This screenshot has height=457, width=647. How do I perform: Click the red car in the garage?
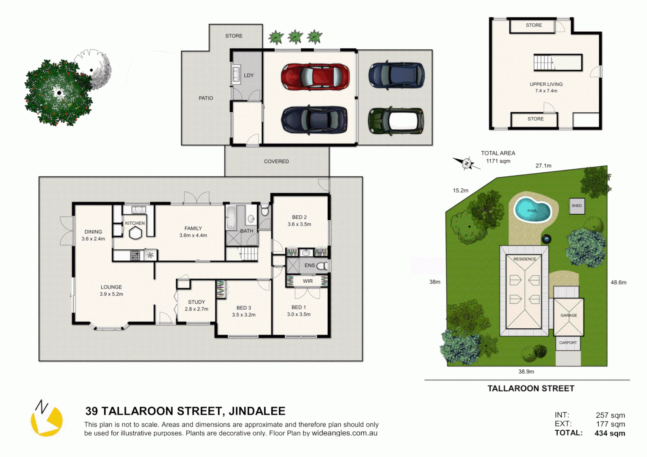315,77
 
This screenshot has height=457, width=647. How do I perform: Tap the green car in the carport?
396,121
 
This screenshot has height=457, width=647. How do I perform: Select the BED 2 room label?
299,217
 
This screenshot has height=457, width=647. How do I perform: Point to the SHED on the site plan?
577,206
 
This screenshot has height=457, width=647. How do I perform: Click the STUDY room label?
196,302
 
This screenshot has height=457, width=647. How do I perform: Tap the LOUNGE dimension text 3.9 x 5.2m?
111,294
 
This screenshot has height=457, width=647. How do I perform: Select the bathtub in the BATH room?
231,218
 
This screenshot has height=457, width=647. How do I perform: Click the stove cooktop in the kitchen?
135,255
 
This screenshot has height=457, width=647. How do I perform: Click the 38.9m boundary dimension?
526,372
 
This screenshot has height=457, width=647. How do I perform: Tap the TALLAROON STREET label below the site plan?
531,388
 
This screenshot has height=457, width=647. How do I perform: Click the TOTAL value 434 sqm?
609,433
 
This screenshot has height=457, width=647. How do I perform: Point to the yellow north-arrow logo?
46,419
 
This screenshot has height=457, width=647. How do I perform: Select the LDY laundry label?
249,75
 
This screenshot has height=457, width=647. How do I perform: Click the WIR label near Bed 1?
308,281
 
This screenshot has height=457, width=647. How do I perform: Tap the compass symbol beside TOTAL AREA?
466,163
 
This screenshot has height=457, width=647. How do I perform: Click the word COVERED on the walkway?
276,161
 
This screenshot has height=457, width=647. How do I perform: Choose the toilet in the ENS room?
322,266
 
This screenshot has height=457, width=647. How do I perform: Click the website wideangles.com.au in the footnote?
344,433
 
